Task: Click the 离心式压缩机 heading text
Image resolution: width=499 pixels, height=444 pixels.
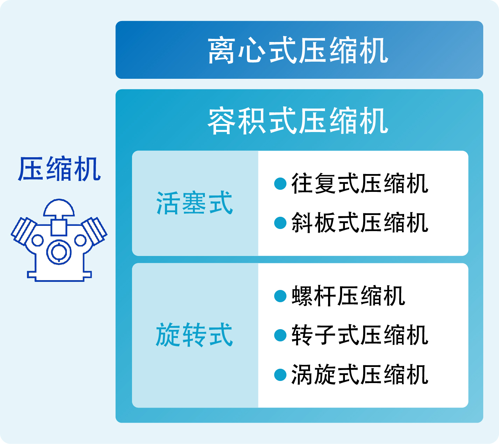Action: point(298,50)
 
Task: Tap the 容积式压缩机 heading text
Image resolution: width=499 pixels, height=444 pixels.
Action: point(298,120)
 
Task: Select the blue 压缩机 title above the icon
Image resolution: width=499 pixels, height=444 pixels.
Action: point(59,169)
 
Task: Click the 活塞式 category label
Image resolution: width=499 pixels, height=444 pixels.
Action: point(194,203)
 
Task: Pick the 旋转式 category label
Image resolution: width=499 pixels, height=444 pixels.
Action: point(194,335)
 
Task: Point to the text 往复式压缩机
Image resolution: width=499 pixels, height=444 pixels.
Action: point(360,183)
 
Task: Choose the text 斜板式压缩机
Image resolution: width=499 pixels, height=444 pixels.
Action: point(360,223)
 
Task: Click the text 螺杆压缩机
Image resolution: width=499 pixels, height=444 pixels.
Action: point(348,296)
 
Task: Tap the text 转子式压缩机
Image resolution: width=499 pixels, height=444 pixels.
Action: point(360,335)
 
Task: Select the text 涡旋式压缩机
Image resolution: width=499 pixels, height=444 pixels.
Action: point(360,375)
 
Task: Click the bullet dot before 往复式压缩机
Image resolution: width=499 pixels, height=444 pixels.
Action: point(280,183)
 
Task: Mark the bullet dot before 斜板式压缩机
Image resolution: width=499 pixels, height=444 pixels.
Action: point(280,223)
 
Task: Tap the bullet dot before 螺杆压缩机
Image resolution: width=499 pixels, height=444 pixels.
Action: point(280,296)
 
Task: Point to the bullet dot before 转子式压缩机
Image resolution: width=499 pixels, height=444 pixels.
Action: point(280,335)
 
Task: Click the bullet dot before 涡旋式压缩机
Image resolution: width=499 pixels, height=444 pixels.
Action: point(280,375)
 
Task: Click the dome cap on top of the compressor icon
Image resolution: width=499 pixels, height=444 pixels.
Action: point(59,208)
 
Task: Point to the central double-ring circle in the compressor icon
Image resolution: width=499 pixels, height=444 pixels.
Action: point(59,252)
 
